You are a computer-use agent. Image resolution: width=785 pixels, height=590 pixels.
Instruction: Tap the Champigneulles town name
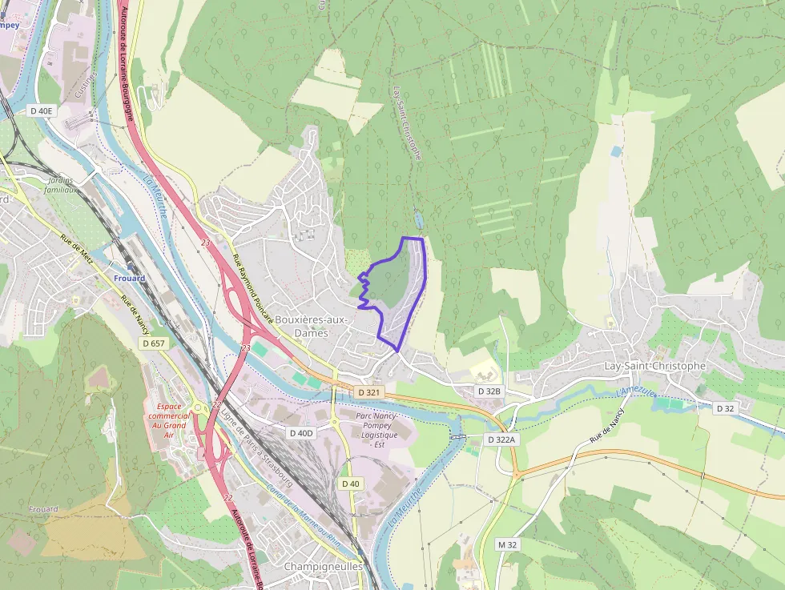(324, 566)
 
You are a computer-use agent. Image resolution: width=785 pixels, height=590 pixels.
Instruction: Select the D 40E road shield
(41, 110)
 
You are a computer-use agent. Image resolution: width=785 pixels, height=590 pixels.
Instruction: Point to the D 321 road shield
(368, 392)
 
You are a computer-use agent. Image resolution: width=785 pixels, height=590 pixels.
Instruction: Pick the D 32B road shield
(488, 391)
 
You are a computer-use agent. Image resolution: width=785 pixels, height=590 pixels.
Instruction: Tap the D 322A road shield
(502, 439)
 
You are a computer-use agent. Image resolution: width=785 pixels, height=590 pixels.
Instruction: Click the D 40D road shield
(300, 433)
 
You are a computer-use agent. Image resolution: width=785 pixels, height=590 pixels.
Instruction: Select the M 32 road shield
(507, 544)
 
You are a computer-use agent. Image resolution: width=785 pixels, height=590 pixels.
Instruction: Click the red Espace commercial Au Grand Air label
(168, 420)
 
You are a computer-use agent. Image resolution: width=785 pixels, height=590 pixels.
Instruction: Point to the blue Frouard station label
(129, 279)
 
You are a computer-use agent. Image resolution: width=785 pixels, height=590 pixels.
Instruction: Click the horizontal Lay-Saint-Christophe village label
(654, 366)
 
